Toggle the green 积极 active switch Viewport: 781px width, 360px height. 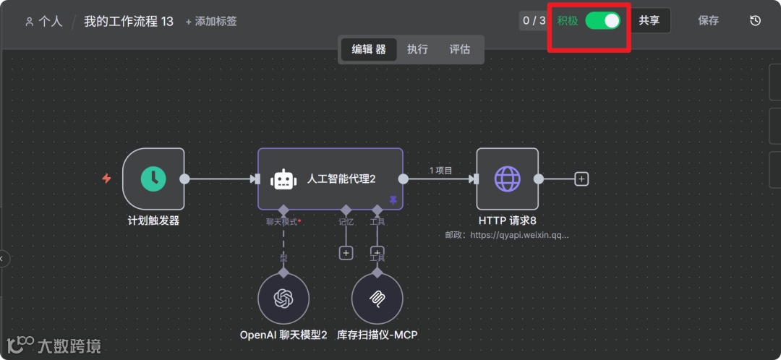pos(603,21)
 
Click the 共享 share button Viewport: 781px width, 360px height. pos(649,21)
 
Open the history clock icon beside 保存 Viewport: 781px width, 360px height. pos(755,21)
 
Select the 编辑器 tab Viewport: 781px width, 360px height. pos(369,49)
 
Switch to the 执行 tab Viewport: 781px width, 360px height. pos(417,49)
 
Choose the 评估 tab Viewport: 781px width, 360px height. pos(460,49)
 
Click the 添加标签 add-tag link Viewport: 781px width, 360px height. pos(211,22)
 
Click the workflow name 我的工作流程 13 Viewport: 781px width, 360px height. pos(129,22)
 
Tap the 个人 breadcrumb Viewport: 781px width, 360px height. pos(44,22)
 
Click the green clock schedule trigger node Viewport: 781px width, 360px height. pos(153,179)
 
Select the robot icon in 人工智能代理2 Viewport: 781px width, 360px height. pos(283,179)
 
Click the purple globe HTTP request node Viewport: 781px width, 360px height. pos(507,179)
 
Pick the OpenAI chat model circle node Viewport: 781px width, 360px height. pos(283,299)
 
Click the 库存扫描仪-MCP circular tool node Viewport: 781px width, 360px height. pos(377,299)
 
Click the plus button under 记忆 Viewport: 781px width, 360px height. pos(346,253)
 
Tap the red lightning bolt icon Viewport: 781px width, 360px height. pos(106,179)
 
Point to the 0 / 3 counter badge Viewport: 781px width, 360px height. pos(534,21)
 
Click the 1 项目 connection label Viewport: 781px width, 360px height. pos(440,171)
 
